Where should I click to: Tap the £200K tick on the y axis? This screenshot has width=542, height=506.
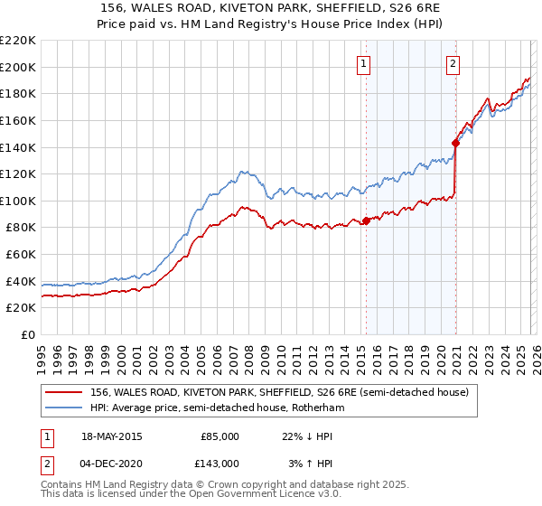(19, 67)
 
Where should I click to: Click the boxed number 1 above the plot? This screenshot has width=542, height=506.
(363, 63)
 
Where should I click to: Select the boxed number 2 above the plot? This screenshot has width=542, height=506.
(452, 63)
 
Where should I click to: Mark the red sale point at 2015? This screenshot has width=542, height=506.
(366, 220)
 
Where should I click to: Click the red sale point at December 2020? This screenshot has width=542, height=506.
(455, 142)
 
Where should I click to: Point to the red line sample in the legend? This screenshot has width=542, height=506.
(64, 393)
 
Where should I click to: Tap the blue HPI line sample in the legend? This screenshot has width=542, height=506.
(64, 408)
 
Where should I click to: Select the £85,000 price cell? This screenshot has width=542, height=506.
(220, 436)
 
